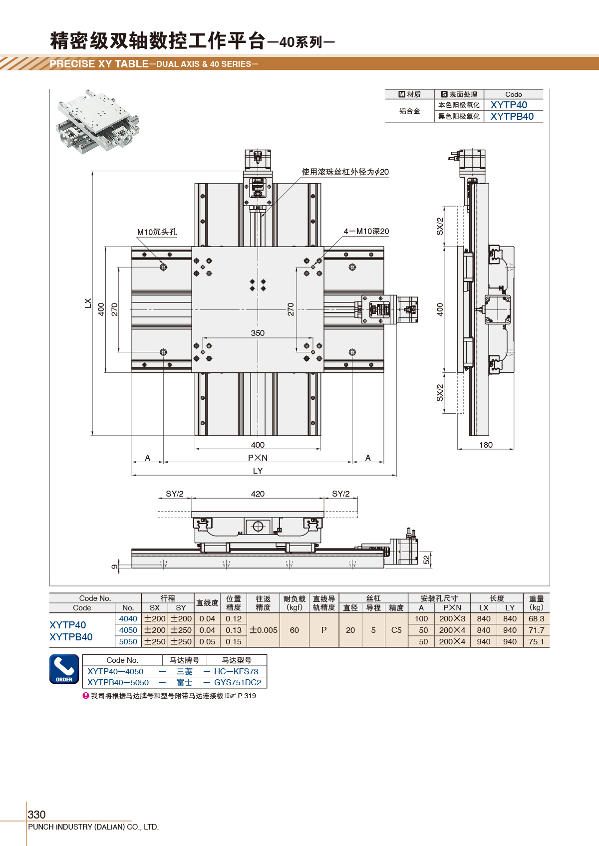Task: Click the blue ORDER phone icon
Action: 64,669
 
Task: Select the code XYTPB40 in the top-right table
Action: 512,116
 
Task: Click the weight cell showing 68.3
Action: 536,618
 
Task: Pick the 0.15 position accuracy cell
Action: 234,642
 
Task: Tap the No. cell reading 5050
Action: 128,642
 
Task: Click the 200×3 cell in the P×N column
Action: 452,618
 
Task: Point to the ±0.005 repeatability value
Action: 263,630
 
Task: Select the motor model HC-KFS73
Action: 236,671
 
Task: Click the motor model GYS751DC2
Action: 238,682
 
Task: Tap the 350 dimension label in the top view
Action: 258,333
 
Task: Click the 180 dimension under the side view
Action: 486,445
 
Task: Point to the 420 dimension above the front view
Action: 258,494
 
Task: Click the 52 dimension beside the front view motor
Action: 426,560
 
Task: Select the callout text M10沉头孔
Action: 157,232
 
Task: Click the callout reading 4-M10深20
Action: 366,231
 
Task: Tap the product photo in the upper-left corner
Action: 98,121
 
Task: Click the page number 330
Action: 36,815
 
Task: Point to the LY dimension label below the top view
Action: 258,471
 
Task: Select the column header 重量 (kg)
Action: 536,603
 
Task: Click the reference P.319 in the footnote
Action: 247,696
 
